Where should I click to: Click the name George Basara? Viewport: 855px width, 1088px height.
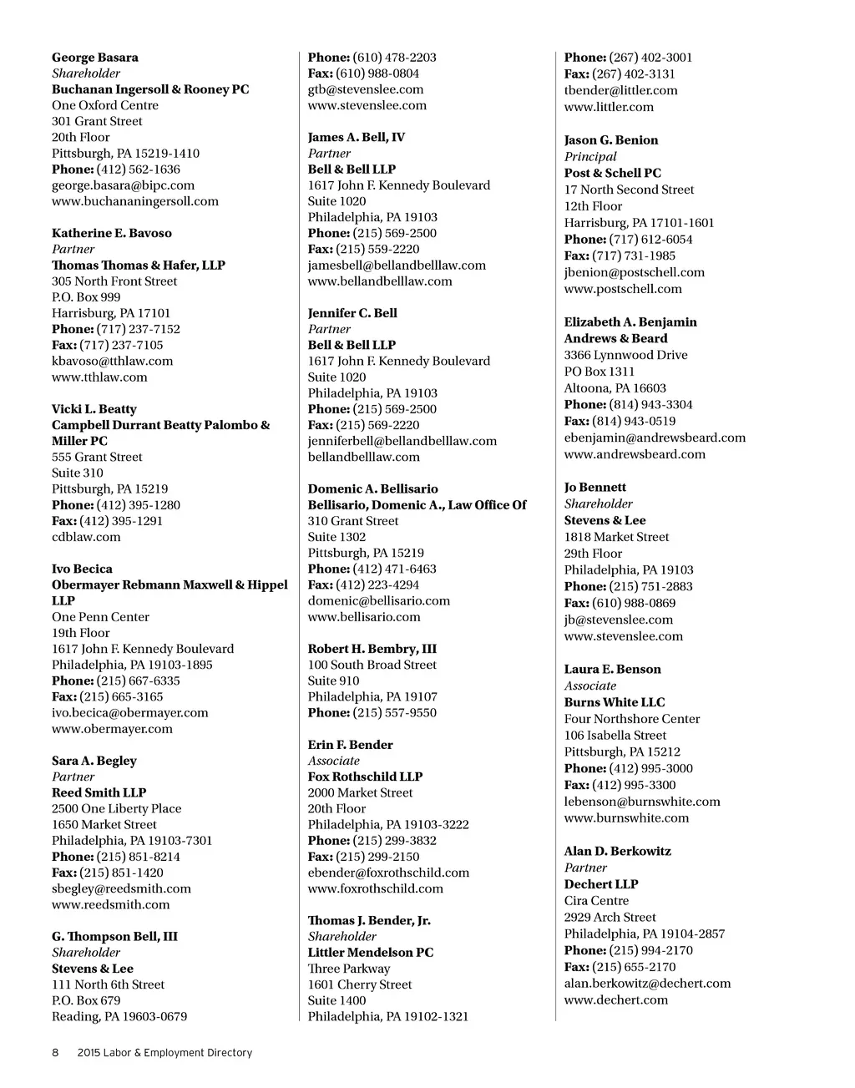point(95,58)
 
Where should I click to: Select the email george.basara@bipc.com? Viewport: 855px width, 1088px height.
point(123,185)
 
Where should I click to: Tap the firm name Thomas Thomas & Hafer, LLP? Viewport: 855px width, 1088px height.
point(139,266)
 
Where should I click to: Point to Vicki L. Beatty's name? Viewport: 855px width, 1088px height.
point(94,409)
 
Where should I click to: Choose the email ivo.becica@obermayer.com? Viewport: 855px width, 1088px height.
point(130,713)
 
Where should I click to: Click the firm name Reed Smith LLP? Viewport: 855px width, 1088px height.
point(99,793)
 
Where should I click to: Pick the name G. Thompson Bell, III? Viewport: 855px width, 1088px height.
point(114,937)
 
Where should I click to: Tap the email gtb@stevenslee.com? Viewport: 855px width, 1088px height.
point(366,89)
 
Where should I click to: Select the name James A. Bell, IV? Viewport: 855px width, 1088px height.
point(357,137)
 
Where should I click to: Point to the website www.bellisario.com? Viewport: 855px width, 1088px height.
point(364,617)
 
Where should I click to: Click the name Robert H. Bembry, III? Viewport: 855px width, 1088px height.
point(372,649)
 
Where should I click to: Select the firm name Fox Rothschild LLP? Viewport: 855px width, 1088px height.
point(366,777)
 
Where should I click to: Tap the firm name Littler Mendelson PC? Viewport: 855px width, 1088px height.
point(371,953)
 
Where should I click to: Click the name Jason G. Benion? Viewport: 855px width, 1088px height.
point(611,140)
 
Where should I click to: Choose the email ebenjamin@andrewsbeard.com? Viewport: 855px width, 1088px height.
point(655,438)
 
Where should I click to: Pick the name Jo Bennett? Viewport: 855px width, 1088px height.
point(594,488)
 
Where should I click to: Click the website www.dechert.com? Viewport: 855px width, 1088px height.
point(616,1000)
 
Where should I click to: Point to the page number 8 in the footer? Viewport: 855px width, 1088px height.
point(55,1053)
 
